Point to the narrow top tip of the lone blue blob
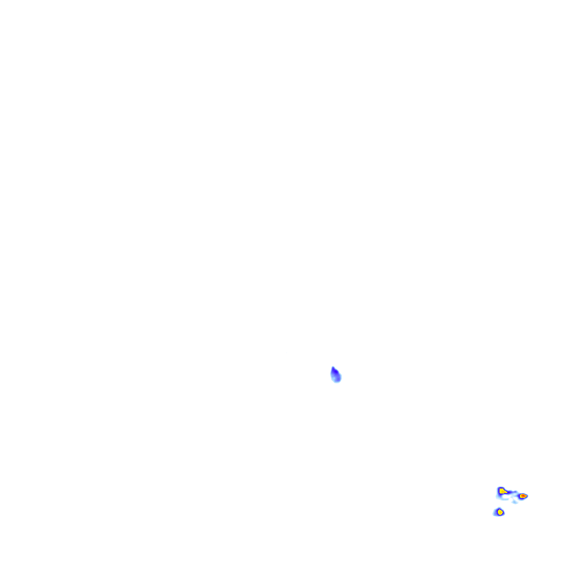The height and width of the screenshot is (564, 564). (x=333, y=367)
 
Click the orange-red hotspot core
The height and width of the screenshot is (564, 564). (x=523, y=496)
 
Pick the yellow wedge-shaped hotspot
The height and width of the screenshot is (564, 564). (x=502, y=491)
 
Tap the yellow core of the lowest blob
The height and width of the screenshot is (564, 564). (x=500, y=512)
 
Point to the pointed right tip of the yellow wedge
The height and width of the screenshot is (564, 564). (x=507, y=492)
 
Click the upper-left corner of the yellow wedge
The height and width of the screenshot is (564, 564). (x=500, y=489)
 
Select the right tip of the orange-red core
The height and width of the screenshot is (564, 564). (x=527, y=496)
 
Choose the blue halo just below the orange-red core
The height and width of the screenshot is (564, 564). (x=522, y=499)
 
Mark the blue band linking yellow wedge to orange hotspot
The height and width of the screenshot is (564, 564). (x=511, y=492)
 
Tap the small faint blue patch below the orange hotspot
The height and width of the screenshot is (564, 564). (x=514, y=502)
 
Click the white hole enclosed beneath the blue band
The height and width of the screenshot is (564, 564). (x=505, y=496)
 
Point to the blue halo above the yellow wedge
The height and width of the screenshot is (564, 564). (x=501, y=487)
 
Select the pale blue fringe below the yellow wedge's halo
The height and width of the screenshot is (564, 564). (x=498, y=498)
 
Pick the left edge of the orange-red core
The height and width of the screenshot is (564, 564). (x=520, y=496)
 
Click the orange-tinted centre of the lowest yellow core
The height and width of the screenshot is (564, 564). (x=501, y=512)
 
